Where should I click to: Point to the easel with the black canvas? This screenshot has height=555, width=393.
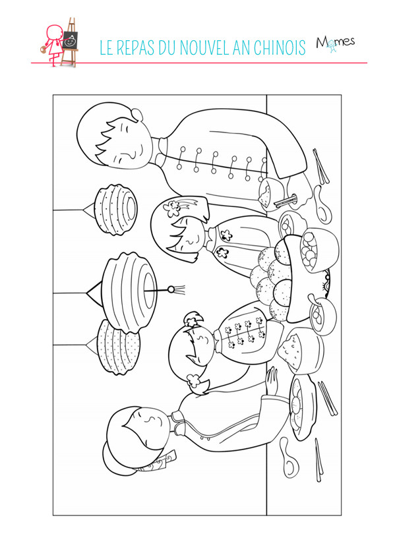point(70,42)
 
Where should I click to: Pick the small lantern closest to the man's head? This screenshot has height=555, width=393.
point(115,209)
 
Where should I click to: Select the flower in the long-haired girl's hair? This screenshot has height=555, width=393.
point(172,208)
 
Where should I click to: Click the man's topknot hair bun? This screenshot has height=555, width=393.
point(137,114)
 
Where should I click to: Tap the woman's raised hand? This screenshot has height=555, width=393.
point(272,380)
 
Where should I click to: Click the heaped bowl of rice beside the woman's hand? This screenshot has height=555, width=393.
point(301,351)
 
